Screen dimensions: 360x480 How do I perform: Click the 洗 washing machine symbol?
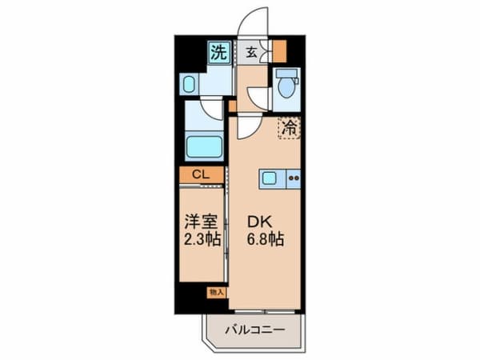coord(218,53)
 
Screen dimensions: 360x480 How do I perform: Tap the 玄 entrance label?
coord(251,53)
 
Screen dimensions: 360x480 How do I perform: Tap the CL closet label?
coord(200,174)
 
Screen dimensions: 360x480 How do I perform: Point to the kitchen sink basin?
coord(270,178)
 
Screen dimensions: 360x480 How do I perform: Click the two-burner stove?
coord(293,178)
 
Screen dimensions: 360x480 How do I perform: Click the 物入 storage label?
coord(216,292)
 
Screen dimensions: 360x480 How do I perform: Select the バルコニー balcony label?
coord(254,328)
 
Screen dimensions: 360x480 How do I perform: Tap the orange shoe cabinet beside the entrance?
coord(279,50)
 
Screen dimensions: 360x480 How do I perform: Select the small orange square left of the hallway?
coord(231,105)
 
